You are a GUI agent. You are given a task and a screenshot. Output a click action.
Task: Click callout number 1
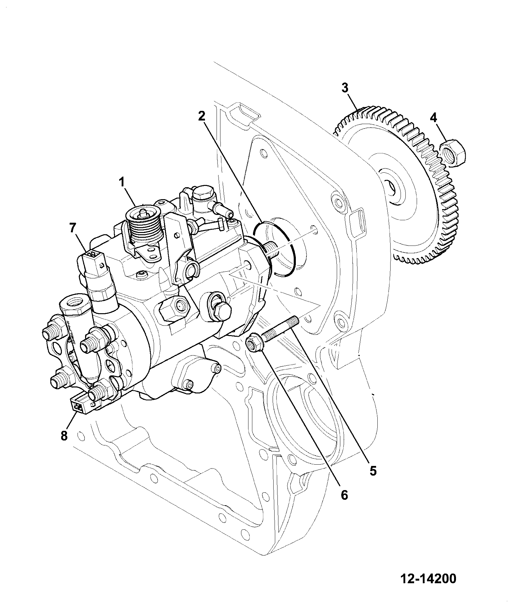[122, 183]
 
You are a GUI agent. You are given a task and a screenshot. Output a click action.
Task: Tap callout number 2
[201, 116]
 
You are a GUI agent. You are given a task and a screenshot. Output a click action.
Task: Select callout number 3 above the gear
[345, 88]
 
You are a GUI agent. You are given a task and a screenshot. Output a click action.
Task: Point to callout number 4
[434, 118]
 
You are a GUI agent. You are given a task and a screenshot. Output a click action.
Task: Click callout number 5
[373, 471]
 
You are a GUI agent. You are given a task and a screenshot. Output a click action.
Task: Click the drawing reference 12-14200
[429, 579]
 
